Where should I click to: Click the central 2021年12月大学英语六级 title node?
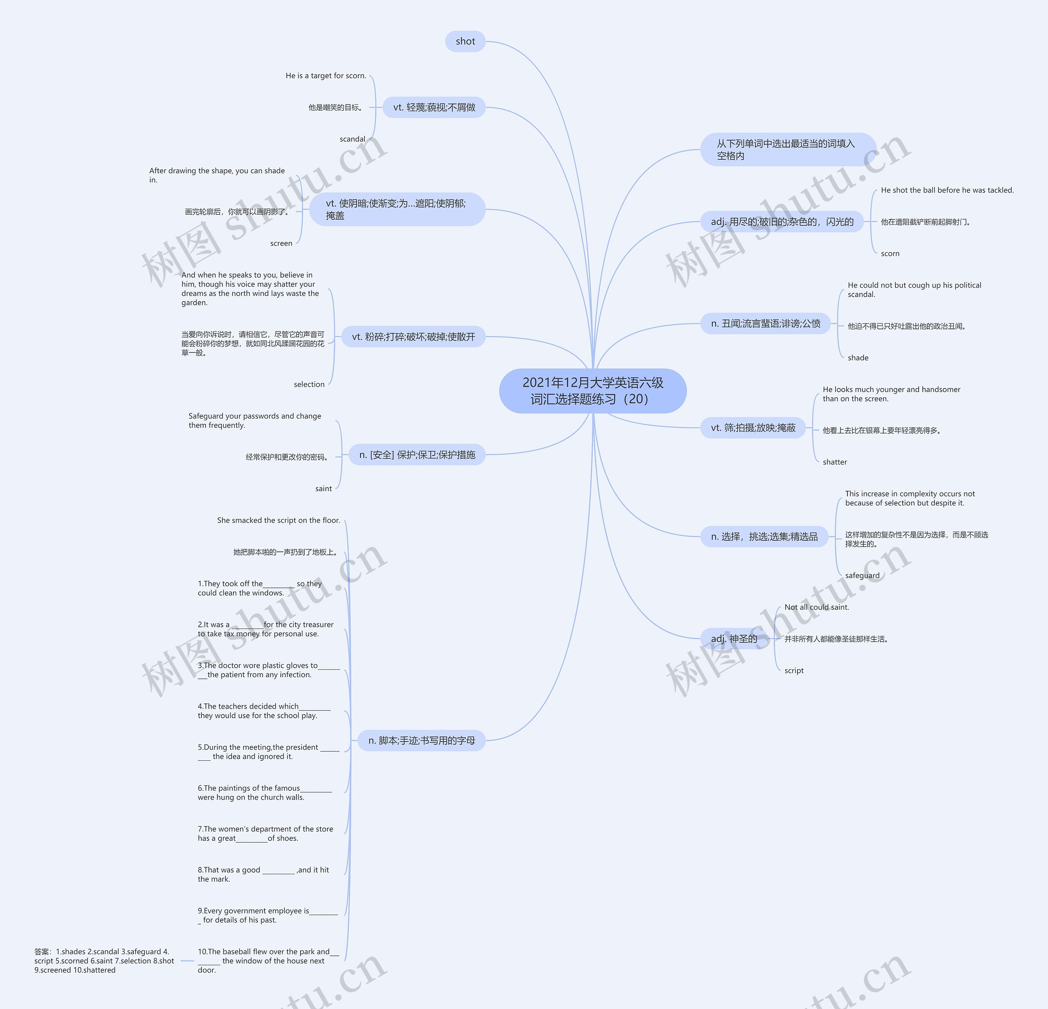pos(592,390)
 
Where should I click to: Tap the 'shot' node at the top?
pos(465,41)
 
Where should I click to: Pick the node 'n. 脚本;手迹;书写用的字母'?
pos(421,740)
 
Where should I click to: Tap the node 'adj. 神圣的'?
pos(734,638)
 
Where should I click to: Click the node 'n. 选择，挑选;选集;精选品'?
pos(763,537)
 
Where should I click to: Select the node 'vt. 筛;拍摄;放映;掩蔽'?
pos(753,427)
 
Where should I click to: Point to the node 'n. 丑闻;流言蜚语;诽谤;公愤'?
pos(765,323)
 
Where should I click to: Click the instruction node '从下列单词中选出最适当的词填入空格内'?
pos(788,149)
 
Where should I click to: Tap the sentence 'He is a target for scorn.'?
pos(325,76)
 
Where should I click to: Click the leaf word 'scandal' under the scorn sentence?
pos(352,139)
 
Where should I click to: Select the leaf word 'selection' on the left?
pos(309,384)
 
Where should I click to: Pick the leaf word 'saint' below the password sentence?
pos(323,488)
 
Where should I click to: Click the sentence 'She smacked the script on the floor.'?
pos(278,520)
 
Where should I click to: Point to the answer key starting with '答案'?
pos(104,960)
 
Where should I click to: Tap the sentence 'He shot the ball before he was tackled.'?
pos(947,190)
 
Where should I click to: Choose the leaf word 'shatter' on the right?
pos(835,462)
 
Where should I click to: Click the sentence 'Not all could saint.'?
pos(816,607)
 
